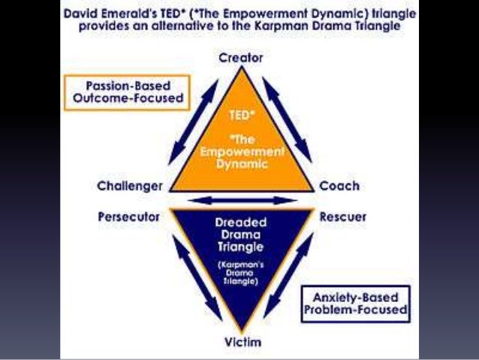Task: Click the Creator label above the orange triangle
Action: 241,57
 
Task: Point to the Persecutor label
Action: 129,217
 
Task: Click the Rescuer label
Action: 343,217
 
